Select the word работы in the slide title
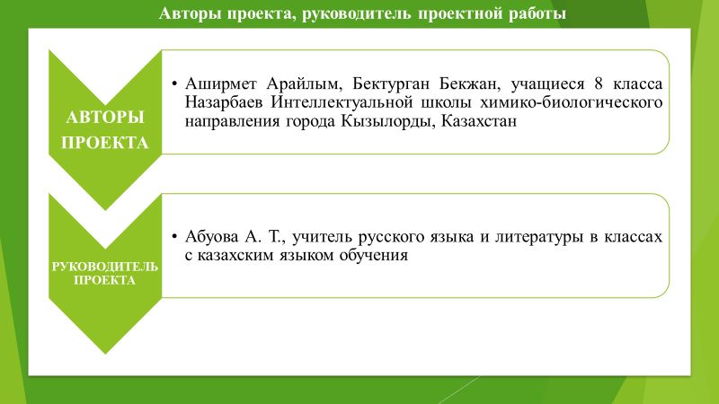[533, 13]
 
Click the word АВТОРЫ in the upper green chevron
[105, 118]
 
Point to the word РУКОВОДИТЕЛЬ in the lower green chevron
[105, 267]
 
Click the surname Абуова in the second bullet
[212, 237]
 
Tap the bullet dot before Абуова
[173, 237]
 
